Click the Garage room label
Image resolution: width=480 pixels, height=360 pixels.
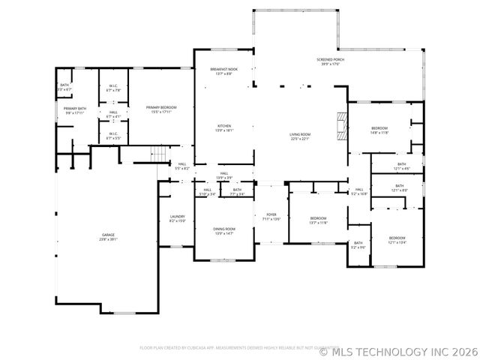(x=109, y=237)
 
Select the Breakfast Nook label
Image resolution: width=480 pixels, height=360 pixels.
(x=223, y=71)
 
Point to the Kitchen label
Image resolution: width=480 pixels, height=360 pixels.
(x=225, y=127)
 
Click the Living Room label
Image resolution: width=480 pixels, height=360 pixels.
(x=300, y=136)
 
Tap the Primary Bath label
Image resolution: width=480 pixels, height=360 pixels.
(x=75, y=110)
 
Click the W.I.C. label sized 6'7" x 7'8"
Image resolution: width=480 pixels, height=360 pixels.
(x=113, y=88)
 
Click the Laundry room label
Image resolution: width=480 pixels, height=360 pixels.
(x=177, y=218)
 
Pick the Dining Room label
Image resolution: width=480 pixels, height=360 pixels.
(x=225, y=231)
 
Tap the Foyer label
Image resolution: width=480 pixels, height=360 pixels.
(x=270, y=217)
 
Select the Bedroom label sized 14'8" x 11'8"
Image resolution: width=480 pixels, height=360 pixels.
(x=379, y=130)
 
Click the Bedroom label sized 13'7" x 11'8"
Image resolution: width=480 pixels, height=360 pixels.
(x=319, y=220)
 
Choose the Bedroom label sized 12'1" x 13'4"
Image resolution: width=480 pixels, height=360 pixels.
(x=397, y=239)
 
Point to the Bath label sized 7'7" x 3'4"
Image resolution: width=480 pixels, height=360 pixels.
(x=237, y=192)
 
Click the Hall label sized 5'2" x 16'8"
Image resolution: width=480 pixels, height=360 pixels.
(x=358, y=191)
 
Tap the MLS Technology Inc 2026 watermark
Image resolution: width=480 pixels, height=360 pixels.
(x=398, y=349)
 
